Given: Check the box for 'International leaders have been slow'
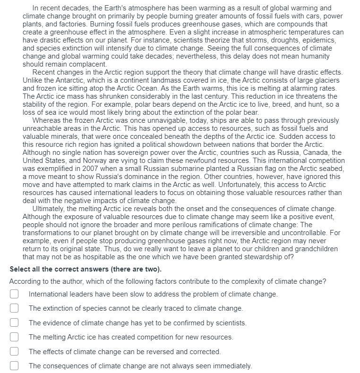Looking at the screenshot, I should click(x=14, y=294).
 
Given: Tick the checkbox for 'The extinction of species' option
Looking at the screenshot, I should click(x=14, y=308).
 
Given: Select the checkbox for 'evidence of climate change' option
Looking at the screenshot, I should click(x=14, y=323).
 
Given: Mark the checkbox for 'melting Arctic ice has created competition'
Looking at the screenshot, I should click(x=14, y=337).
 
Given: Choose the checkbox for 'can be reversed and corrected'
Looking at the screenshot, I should click(x=14, y=352).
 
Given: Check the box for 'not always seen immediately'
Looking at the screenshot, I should click(x=14, y=366).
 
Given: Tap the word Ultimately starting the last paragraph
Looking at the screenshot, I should click(x=50, y=209).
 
